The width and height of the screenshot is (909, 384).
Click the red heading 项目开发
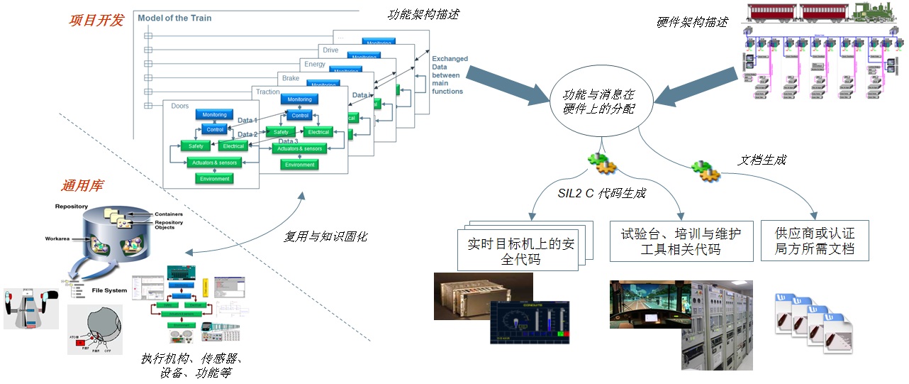(x=96, y=20)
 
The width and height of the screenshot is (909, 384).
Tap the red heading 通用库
(x=83, y=186)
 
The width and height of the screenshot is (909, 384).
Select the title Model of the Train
(x=174, y=18)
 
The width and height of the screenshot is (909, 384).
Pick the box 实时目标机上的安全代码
(x=520, y=251)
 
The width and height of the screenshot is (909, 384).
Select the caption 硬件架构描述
(x=692, y=22)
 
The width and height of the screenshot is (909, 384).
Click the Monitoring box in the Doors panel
(x=214, y=115)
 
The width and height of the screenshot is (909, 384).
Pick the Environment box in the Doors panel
(x=214, y=179)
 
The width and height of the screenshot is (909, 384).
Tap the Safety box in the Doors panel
(x=196, y=146)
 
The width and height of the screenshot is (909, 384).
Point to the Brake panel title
(x=291, y=78)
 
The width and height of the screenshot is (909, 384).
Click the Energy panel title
(x=315, y=64)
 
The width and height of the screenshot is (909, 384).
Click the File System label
(x=109, y=290)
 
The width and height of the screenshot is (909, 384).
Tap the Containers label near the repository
(x=169, y=214)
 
